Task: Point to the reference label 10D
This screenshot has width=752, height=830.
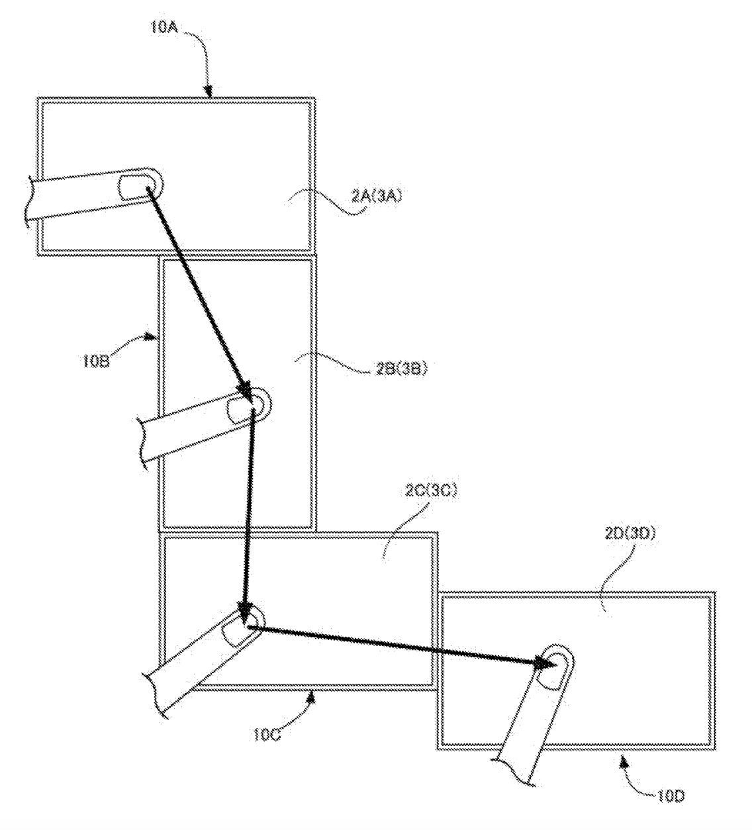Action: pyautogui.click(x=671, y=796)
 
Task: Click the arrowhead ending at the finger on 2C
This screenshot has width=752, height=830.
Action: pyautogui.click(x=245, y=615)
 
